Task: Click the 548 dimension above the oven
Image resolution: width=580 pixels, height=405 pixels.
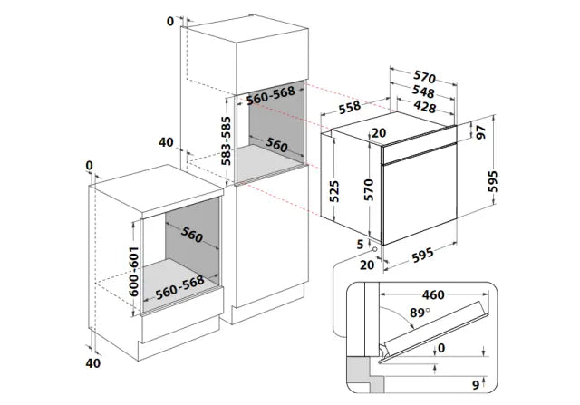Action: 424,92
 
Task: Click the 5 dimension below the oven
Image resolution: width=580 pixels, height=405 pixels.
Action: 360,244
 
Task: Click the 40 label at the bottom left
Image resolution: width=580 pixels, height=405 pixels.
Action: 92,364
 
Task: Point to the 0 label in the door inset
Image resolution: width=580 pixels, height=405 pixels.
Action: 441,347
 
